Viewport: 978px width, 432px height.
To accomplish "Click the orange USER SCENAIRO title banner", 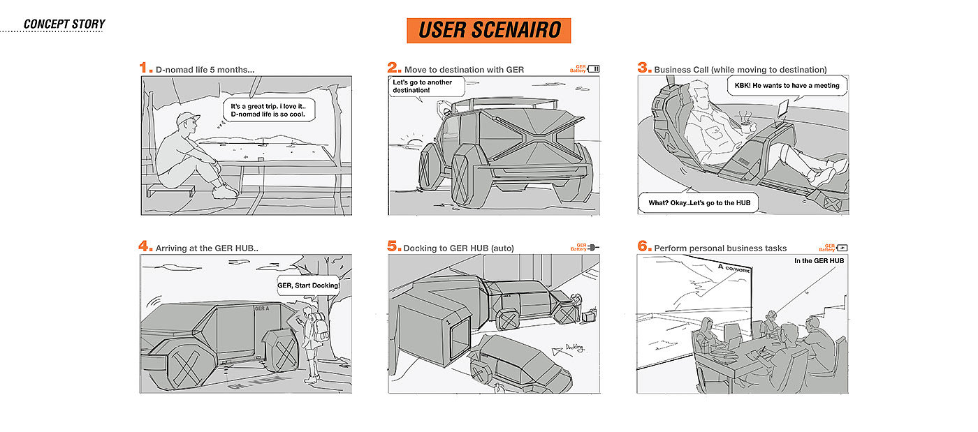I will pyautogui.click(x=488, y=30).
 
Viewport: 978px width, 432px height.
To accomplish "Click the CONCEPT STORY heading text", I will pyautogui.click(x=64, y=24).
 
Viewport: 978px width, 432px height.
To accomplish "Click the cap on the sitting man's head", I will pyautogui.click(x=187, y=119).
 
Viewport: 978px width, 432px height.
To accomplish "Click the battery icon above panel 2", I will pyautogui.click(x=593, y=68).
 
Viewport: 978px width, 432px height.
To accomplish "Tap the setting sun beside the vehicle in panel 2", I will pyautogui.click(x=413, y=144).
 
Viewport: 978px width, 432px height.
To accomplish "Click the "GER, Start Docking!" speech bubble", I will pyautogui.click(x=308, y=285).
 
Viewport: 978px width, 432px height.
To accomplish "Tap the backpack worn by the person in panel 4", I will pyautogui.click(x=320, y=327).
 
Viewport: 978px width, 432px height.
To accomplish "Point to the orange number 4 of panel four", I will pyautogui.click(x=145, y=246).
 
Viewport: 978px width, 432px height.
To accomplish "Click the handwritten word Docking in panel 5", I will pyautogui.click(x=574, y=347).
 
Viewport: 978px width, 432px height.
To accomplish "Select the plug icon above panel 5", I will pyautogui.click(x=594, y=247).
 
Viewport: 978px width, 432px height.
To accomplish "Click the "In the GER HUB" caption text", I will pyautogui.click(x=819, y=261).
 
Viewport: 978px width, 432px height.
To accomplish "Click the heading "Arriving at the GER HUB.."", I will pyautogui.click(x=212, y=248).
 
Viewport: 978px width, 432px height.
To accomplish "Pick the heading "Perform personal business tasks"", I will pyautogui.click(x=720, y=248).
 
